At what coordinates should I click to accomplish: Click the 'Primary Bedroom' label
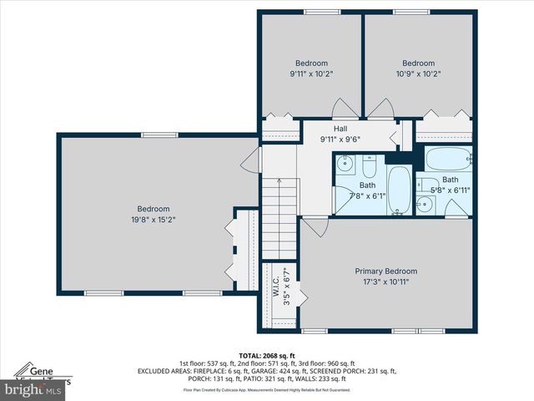(385, 272)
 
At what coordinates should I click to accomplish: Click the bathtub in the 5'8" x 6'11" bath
(448, 159)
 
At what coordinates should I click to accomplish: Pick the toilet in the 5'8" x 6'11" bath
(426, 185)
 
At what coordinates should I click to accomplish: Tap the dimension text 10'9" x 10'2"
(418, 74)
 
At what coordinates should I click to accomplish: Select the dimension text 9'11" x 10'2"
(311, 74)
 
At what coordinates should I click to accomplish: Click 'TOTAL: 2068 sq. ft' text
(267, 354)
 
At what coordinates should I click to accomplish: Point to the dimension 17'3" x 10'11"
(385, 282)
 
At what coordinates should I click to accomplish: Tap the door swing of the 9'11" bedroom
(341, 109)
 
